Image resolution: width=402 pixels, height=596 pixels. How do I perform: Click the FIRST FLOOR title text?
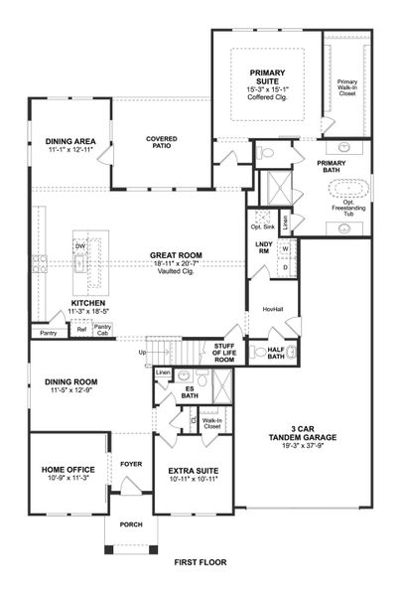point(201,561)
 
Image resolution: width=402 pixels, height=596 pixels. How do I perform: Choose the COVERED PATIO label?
point(162,142)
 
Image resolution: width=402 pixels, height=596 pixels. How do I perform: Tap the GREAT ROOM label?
point(176,255)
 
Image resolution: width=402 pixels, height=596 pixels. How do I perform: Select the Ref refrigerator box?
point(81,329)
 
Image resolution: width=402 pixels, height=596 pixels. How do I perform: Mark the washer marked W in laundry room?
point(286,248)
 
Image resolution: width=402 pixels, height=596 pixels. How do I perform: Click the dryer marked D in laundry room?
point(286,266)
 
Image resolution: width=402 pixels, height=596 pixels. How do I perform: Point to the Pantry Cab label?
point(102,329)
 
